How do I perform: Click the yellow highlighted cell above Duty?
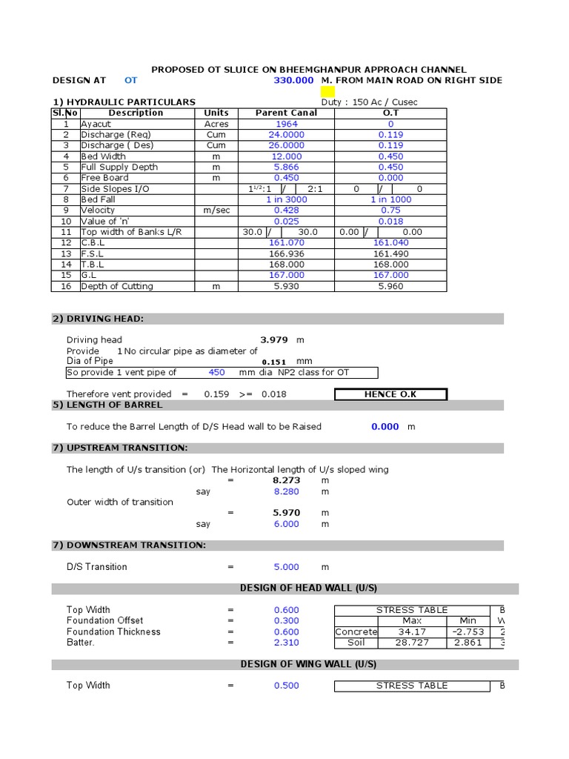327,91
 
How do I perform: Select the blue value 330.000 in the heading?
294,80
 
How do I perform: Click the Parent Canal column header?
286,113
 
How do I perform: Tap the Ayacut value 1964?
286,124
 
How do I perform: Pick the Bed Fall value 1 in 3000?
286,199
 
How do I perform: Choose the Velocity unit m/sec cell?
216,211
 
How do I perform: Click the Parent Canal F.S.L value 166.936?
286,253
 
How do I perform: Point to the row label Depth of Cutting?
117,286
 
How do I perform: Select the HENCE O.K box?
390,394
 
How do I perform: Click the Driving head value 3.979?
273,340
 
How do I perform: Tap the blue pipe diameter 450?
216,372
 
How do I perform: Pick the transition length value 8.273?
286,480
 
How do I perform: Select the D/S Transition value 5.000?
286,567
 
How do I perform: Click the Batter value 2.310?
286,643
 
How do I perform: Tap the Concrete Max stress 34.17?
412,632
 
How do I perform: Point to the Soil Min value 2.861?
467,643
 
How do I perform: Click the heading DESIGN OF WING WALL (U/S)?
308,664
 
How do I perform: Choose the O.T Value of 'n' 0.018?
390,221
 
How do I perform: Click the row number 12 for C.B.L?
66,242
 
